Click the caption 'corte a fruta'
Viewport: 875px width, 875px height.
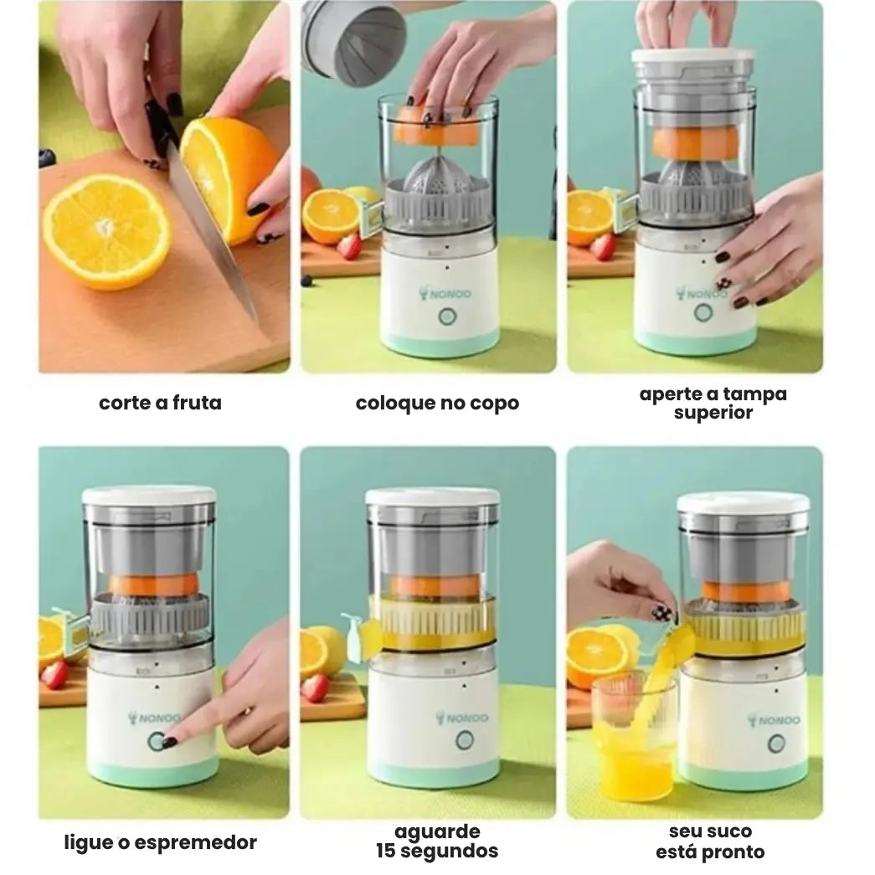[160, 403]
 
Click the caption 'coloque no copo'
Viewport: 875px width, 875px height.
[437, 403]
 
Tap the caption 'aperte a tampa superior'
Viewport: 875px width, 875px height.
[713, 403]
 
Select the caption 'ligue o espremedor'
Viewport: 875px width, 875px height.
[160, 842]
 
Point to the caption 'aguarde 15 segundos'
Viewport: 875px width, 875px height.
[437, 842]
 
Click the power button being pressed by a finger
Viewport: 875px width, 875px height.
[157, 741]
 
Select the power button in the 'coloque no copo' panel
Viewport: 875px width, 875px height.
[447, 317]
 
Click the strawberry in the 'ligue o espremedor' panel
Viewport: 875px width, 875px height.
[54, 674]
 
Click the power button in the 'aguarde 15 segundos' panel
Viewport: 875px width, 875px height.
[466, 740]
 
